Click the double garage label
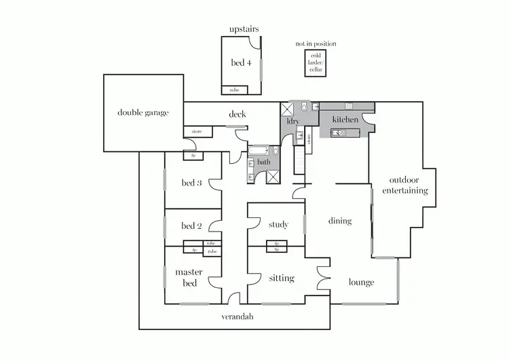pyautogui.click(x=143, y=113)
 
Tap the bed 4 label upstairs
pyautogui.click(x=241, y=63)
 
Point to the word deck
pyautogui.click(x=237, y=114)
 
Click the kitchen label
pyautogui.click(x=345, y=120)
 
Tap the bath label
pyautogui.click(x=263, y=162)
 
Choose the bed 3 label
pyautogui.click(x=191, y=183)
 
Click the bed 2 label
pyautogui.click(x=191, y=226)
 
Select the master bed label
pyautogui.click(x=190, y=277)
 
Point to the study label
pyautogui.click(x=278, y=225)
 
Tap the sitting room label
pyautogui.click(x=281, y=278)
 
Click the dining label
pyautogui.click(x=340, y=221)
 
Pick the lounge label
pyautogui.click(x=362, y=282)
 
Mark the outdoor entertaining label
pyautogui.click(x=405, y=185)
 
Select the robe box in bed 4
pyautogui.click(x=234, y=90)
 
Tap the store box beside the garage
pyautogui.click(x=197, y=131)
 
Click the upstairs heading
pyautogui.click(x=244, y=29)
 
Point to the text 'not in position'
pyautogui.click(x=316, y=44)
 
